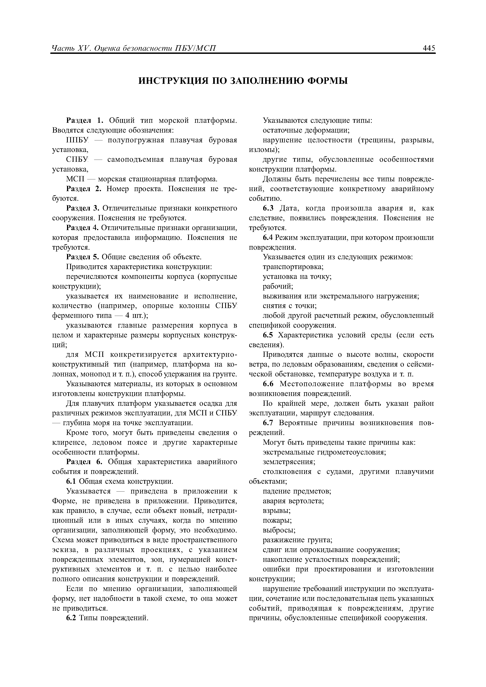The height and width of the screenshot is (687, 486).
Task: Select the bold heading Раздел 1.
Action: click(x=85, y=121)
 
